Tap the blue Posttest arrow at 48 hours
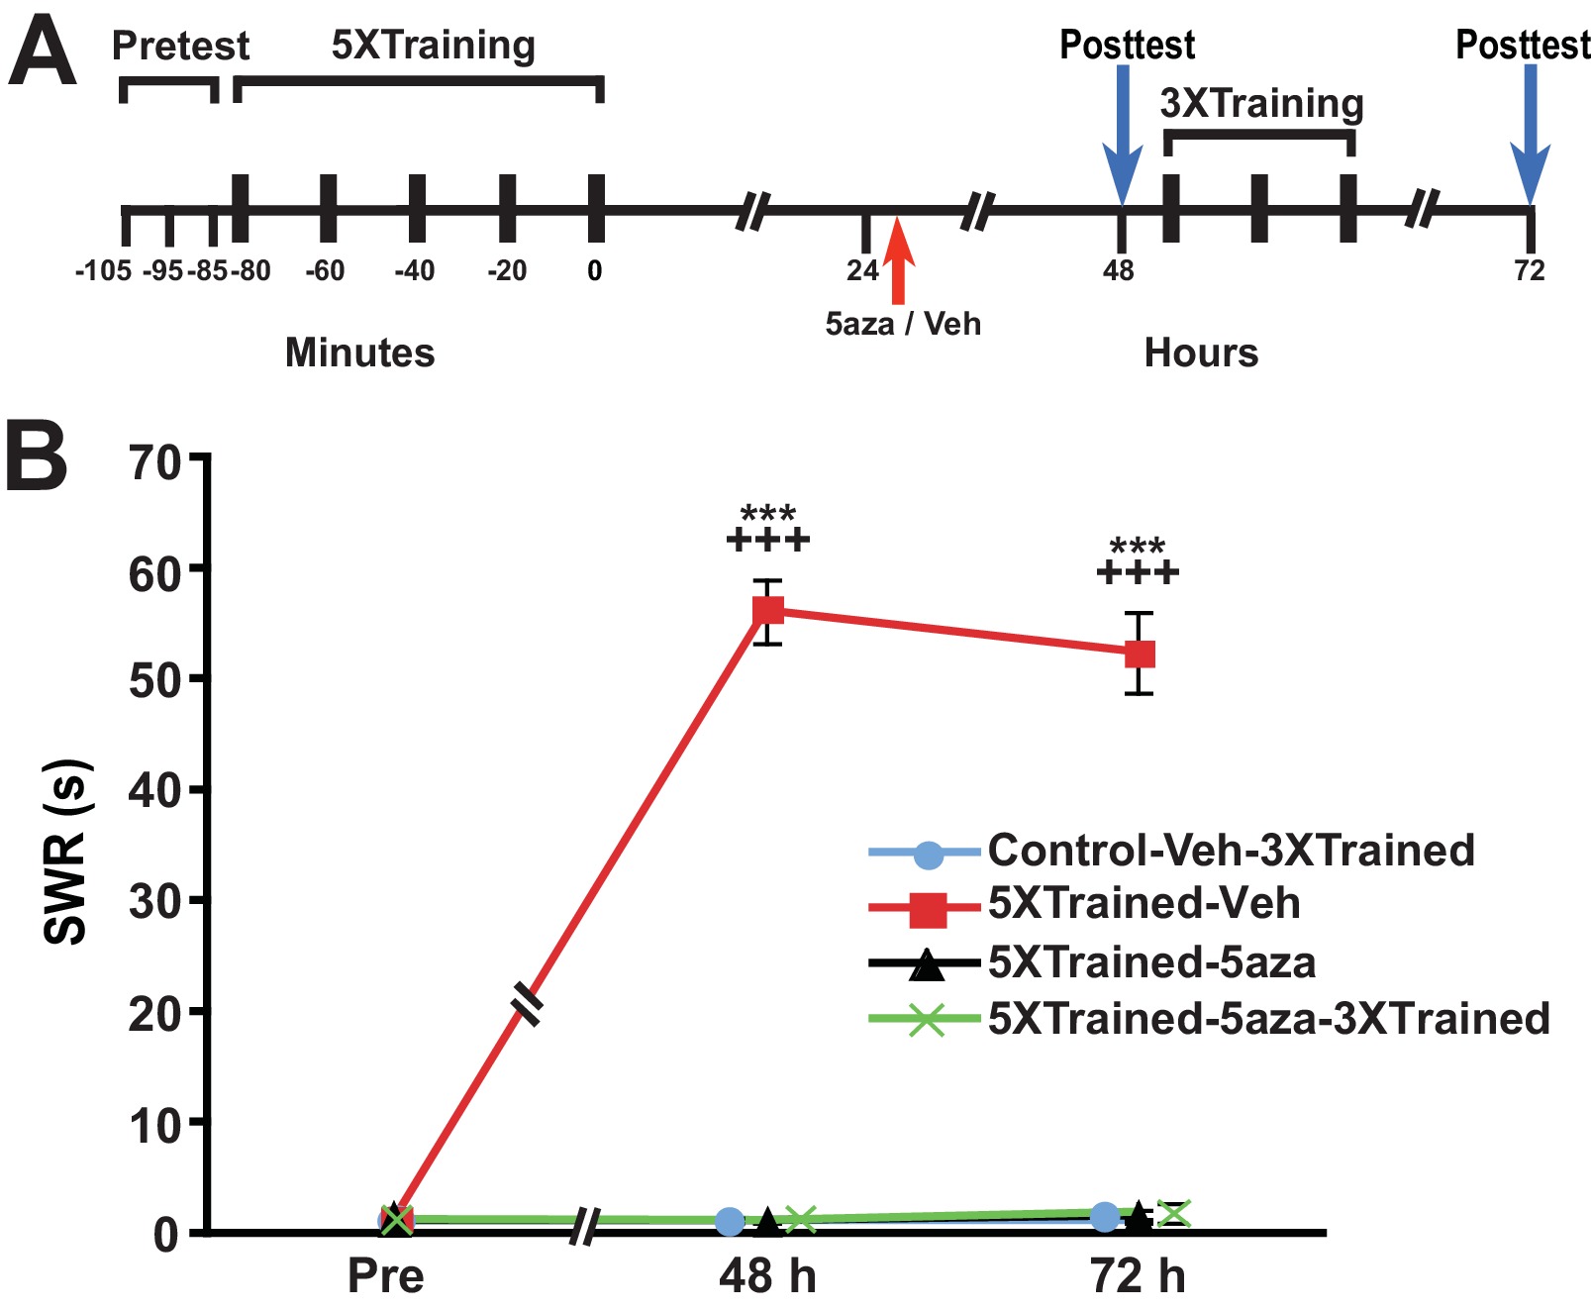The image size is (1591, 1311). coord(1122,139)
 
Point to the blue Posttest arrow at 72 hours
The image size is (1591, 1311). coord(1530,139)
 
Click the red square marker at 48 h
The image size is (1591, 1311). coord(768,611)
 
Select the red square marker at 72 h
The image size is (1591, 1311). coord(1141,654)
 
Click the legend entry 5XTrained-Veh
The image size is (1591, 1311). coord(1144,904)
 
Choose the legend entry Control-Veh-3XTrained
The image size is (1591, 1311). coord(1231,851)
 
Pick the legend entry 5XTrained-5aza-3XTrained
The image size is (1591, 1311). coord(1268,1019)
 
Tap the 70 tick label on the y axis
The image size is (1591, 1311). coord(155,461)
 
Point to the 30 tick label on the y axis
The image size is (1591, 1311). coord(155,901)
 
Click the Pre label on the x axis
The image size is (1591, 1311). coord(385,1276)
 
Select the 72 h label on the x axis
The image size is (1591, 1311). coord(1138,1276)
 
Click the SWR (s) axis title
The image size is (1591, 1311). coord(67,852)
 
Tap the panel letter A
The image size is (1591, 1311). coord(42,55)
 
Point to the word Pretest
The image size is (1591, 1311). coord(180,46)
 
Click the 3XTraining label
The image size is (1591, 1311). coord(1261,103)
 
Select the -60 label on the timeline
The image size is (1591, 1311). coord(325,270)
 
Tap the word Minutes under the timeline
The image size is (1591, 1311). coord(359,353)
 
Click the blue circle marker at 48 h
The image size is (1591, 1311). coord(730,1221)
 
